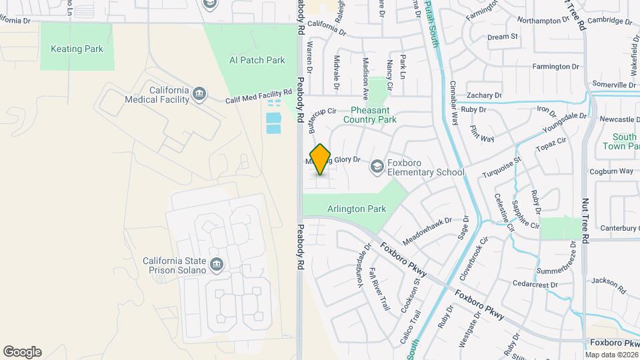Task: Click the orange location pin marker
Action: coord(321,159)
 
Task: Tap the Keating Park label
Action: coord(76,49)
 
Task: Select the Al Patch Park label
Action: coord(257,60)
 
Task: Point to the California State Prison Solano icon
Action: coord(216,265)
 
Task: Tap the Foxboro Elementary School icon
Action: coord(377,166)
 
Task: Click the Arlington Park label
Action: coord(357,209)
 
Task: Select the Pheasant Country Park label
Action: coord(370,115)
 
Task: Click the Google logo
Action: coord(22,352)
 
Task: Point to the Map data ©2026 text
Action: coord(611,355)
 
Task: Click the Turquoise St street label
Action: coord(503,169)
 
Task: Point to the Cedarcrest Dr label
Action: coord(535,285)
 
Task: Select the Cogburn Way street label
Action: coord(611,171)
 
